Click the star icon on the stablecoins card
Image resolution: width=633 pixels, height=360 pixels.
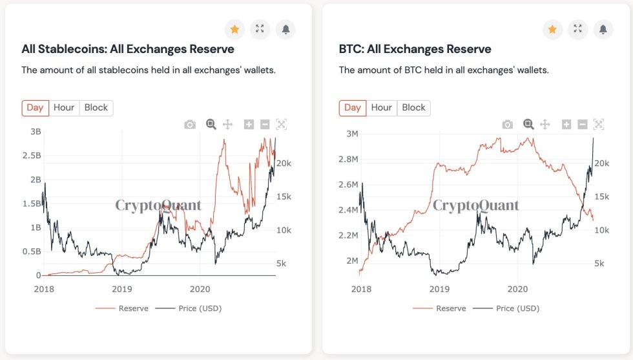[234, 29]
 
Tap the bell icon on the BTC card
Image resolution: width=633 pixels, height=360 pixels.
[603, 29]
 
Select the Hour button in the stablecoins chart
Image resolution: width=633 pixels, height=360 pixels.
[63, 108]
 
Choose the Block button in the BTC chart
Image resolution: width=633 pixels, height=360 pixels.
[413, 108]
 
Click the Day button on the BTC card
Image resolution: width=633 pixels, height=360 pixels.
[353, 108]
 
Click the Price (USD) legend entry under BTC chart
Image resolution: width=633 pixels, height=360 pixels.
[517, 308]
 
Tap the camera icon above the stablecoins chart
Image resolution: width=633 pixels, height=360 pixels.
[190, 125]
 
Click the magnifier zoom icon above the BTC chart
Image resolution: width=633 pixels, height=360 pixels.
[528, 125]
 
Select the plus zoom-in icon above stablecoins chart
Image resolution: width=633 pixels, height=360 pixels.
[249, 125]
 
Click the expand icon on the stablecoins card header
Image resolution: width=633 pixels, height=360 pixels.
[260, 29]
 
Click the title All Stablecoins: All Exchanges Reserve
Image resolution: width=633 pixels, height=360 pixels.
[128, 49]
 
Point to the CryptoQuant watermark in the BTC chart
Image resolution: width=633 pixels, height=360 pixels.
[475, 206]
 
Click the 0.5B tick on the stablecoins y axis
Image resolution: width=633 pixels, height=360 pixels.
[32, 251]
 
